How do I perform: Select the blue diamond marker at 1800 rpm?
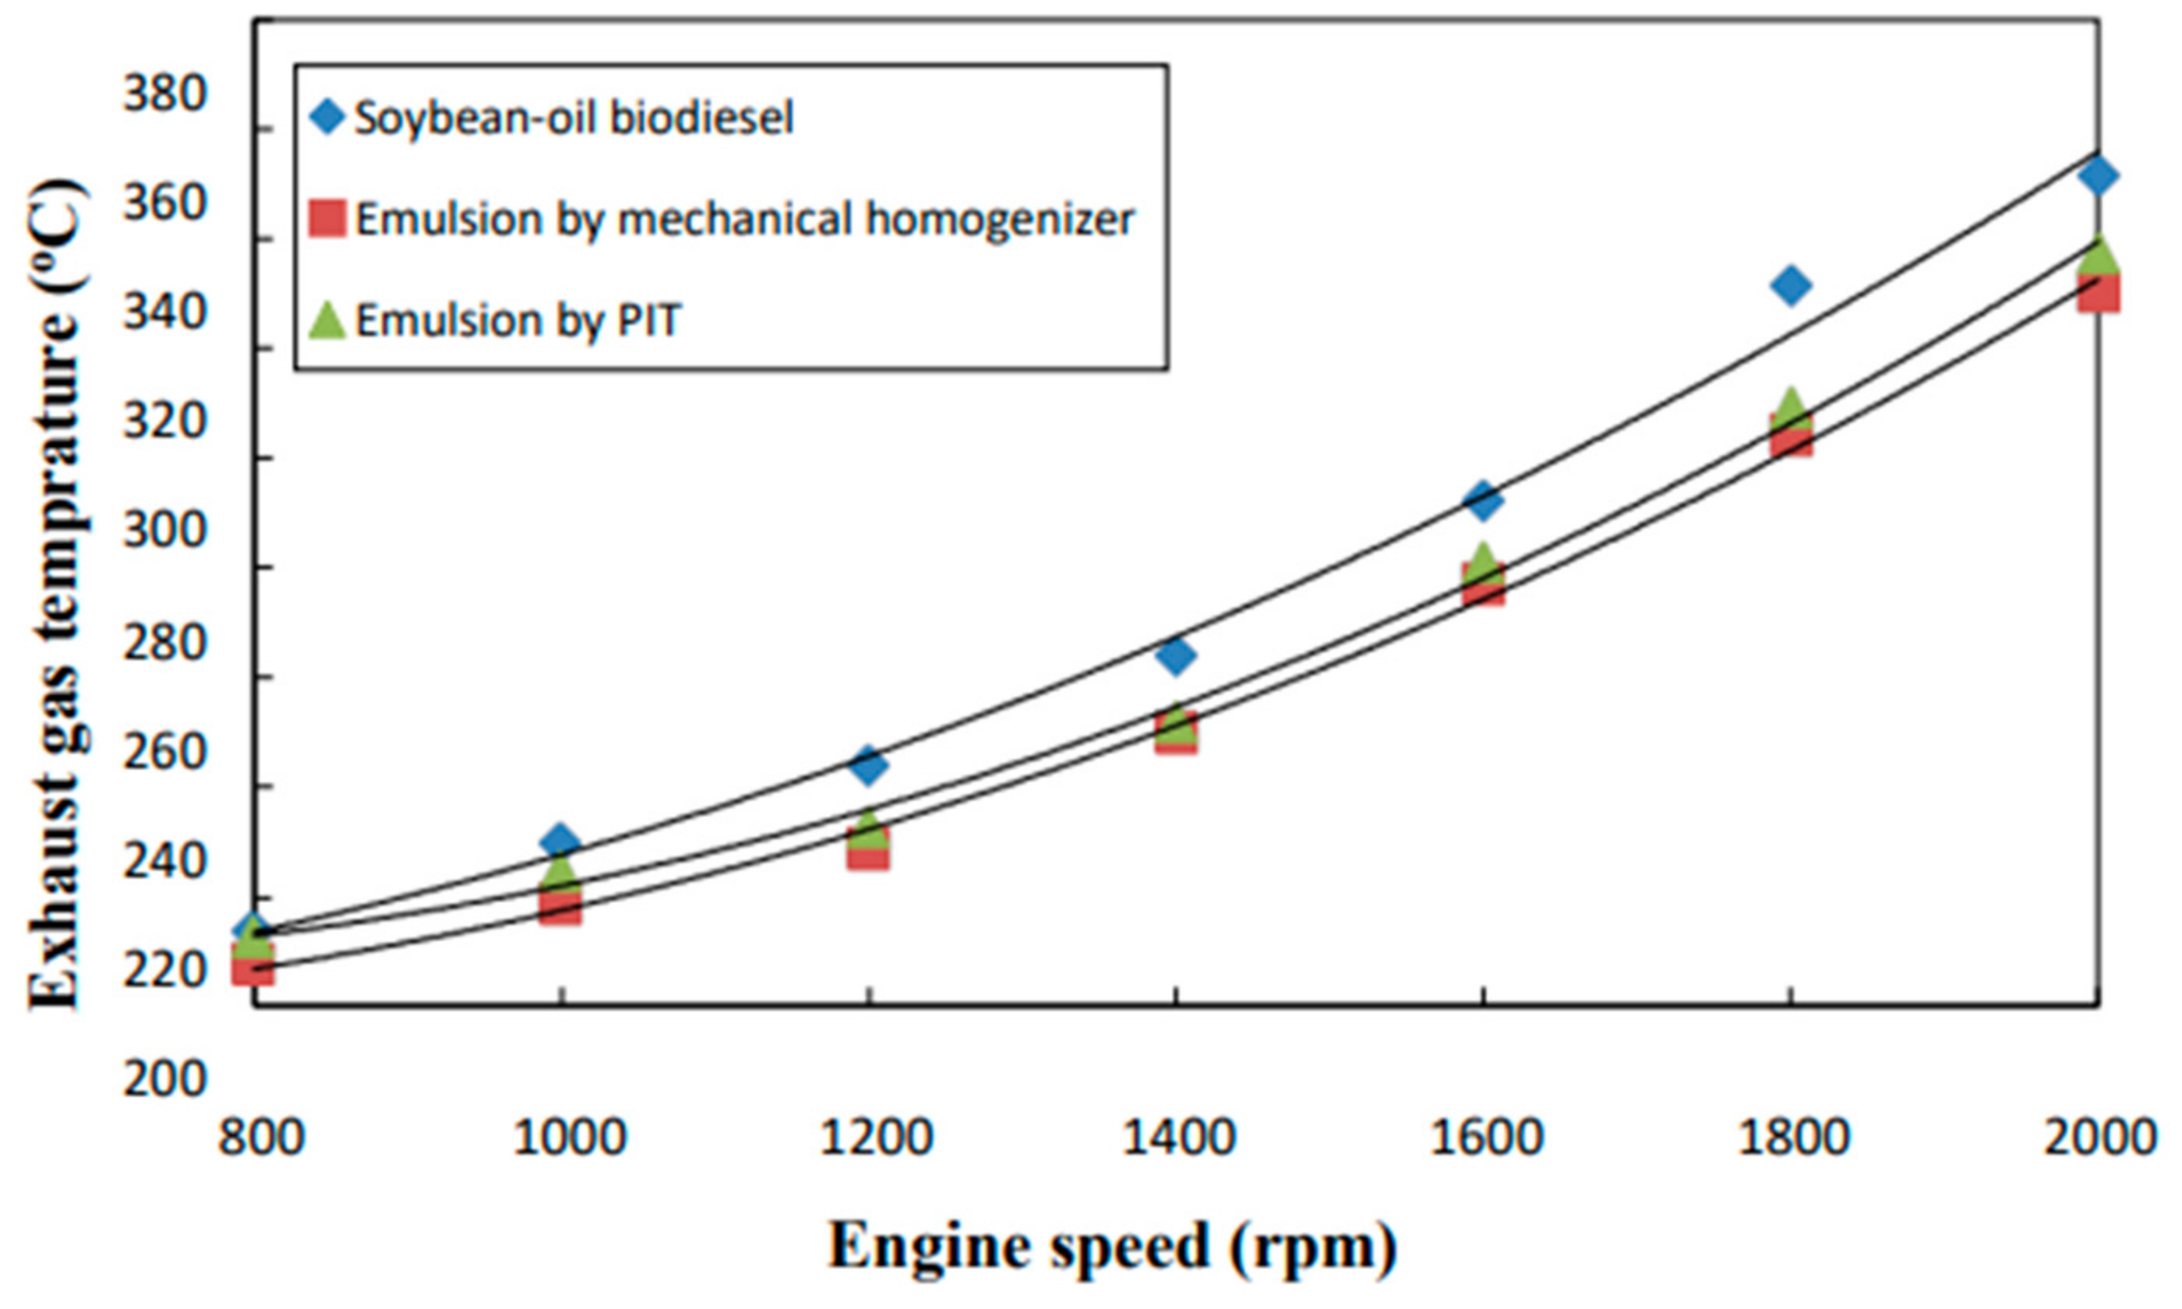point(1790,285)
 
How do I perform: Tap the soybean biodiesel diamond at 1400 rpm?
point(1176,654)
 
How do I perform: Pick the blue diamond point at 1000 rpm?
point(560,841)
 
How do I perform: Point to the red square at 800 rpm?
point(253,968)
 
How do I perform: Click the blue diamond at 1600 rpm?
point(1484,500)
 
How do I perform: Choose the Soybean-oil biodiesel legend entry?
point(574,118)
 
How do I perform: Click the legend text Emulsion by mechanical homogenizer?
point(743,218)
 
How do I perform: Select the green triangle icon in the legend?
point(327,320)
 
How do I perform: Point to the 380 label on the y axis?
point(164,93)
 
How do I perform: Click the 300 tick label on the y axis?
point(164,531)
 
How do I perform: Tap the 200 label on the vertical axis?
point(164,1079)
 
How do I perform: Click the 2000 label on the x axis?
point(2098,1138)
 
